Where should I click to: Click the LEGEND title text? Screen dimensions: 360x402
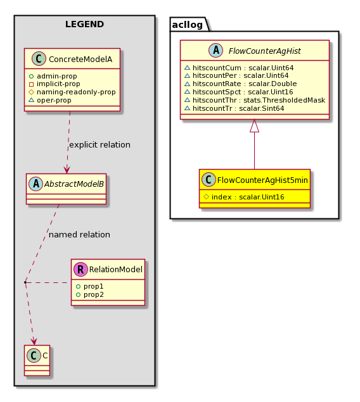tap(84, 24)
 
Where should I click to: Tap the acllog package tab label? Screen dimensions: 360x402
tap(188, 25)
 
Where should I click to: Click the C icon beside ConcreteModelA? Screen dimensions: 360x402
tap(39, 59)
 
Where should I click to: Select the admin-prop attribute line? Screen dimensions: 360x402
tap(53, 76)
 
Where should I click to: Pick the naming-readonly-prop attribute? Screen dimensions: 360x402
tap(72, 92)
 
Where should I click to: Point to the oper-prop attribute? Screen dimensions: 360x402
tap(50, 100)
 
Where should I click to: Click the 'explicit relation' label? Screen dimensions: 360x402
tap(100, 145)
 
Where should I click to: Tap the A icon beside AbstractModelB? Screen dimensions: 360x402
tap(36, 184)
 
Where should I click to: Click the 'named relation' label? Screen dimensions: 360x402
tap(79, 235)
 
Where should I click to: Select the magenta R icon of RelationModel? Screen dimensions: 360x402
tap(80, 269)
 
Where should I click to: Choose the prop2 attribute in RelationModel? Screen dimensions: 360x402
tap(90, 294)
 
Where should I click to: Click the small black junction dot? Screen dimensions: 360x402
tap(25, 282)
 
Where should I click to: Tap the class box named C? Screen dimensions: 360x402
tap(37, 360)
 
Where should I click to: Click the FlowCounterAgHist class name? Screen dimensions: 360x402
tap(264, 51)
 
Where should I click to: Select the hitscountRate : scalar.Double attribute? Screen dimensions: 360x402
tap(241, 84)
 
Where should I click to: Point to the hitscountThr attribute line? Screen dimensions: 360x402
tap(255, 100)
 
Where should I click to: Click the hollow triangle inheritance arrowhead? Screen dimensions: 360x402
tap(255, 126)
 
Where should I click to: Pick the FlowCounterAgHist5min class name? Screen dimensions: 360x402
tap(262, 180)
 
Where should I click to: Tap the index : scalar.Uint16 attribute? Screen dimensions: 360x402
tap(244, 197)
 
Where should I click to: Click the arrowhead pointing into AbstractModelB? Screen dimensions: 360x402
tap(67, 170)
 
